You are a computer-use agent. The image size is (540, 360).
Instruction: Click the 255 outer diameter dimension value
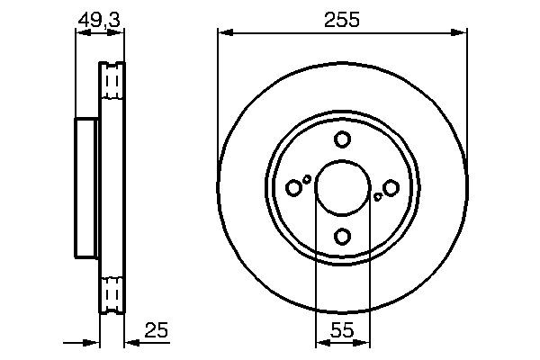point(342,20)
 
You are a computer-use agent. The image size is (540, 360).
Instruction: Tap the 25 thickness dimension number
point(157,330)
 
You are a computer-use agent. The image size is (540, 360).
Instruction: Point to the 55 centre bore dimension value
point(342,330)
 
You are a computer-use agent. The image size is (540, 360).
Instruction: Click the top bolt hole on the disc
point(342,139)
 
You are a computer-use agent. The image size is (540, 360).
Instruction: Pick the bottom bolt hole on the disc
point(342,236)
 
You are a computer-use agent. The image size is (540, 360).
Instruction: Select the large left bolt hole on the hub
point(293,187)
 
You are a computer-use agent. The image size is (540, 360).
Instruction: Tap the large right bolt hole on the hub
point(391,187)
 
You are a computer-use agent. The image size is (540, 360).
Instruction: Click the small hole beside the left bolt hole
point(308,179)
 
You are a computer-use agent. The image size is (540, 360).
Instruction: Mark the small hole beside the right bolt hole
point(377,195)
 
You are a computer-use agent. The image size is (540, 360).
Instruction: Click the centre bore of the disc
point(342,187)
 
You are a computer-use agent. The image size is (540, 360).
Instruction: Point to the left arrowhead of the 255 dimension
point(224,33)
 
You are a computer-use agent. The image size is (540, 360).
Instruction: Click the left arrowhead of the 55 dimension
point(321,343)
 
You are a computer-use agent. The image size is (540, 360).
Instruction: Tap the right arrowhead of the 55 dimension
point(363,343)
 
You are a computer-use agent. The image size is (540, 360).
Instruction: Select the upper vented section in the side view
point(112,84)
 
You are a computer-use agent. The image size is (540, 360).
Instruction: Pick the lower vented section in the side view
point(112,292)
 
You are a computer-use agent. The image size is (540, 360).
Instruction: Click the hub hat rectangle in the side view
point(86,187)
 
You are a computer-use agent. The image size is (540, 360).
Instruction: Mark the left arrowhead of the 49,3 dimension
point(80,33)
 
